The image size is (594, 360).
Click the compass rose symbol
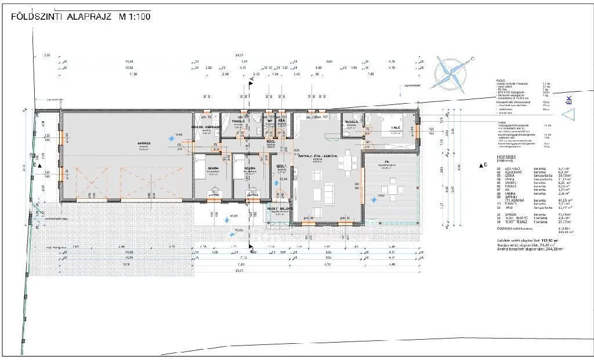coord(451,74)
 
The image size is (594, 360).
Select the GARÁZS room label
coord(144,144)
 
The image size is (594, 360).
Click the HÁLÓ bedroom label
coord(396,127)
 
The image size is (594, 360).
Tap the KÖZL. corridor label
coord(270,141)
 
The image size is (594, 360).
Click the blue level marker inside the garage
coord(170,138)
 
